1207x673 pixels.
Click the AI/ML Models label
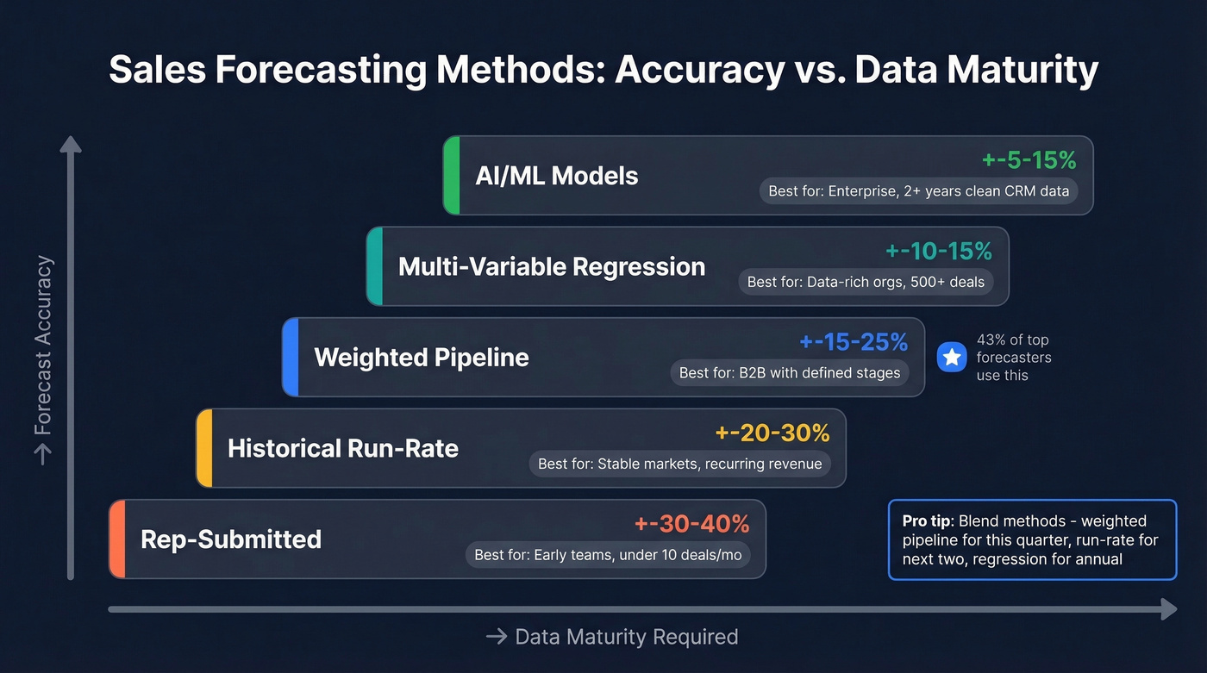click(556, 176)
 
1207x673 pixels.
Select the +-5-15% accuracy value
click(1029, 159)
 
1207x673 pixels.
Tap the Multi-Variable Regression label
click(551, 266)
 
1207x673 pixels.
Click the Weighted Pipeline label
click(421, 358)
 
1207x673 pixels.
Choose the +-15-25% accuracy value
click(854, 342)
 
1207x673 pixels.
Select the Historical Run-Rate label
click(342, 448)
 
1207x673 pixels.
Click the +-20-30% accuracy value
click(772, 433)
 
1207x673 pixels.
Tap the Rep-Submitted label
click(230, 539)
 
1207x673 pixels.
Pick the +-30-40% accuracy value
click(691, 524)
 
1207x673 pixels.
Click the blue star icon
click(952, 358)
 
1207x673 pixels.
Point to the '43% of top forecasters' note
click(1013, 358)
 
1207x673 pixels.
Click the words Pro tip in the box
click(927, 521)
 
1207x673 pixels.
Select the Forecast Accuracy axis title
click(43, 358)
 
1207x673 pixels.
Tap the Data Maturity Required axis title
click(612, 637)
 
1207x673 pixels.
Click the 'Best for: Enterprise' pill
click(918, 191)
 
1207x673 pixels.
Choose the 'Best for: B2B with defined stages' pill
click(789, 373)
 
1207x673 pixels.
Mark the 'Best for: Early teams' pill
click(608, 555)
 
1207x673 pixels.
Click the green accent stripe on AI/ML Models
click(451, 175)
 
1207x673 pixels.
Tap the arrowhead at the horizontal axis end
click(1168, 609)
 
